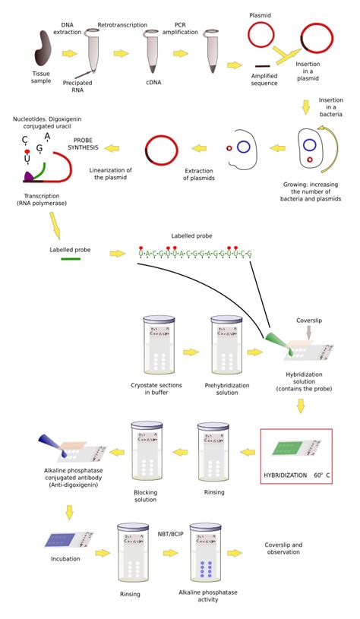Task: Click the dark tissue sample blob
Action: coord(43,52)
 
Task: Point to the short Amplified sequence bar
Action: coord(263,67)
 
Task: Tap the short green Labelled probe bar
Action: coord(70,260)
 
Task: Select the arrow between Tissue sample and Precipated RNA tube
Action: coord(69,54)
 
